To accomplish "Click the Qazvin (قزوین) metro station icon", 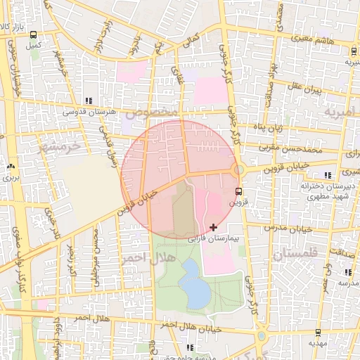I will [239, 191].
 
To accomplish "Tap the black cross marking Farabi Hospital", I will [214, 227].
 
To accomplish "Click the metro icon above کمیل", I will [33, 34].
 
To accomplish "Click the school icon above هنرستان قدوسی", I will [88, 101].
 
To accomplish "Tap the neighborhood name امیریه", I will [340, 112].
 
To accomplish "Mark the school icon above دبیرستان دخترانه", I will [326, 174].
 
